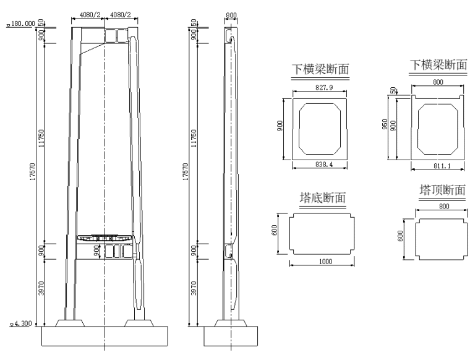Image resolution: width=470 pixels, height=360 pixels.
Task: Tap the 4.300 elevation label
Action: pyautogui.click(x=23, y=324)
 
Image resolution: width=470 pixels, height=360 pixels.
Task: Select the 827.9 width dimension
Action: pyautogui.click(x=324, y=88)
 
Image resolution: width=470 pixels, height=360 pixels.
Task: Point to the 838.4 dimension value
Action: pyautogui.click(x=324, y=165)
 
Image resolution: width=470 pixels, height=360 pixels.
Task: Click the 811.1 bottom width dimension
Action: pyautogui.click(x=442, y=166)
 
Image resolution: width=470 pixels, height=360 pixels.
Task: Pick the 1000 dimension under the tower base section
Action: pyautogui.click(x=325, y=262)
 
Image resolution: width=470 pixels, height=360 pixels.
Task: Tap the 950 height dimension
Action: pyautogui.click(x=385, y=124)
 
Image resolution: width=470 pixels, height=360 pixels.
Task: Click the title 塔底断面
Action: pyautogui.click(x=323, y=198)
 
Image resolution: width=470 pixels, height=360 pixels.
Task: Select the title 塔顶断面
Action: pyautogui.click(x=442, y=190)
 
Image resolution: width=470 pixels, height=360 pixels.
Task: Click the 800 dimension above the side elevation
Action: pyautogui.click(x=231, y=15)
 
